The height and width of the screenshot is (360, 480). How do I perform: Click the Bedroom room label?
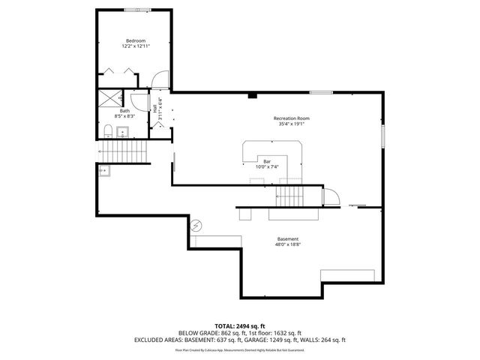135,40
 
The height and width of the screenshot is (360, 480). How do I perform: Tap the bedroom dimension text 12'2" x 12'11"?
135,46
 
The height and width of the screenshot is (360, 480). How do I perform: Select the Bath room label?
124,111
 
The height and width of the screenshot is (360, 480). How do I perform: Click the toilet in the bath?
109,132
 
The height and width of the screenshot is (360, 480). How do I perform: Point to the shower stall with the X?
111,98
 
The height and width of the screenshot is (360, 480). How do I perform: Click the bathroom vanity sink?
124,133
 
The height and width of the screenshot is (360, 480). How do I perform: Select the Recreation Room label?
291,118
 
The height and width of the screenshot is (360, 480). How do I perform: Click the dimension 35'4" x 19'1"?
291,124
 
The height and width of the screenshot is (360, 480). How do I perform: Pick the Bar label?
266,161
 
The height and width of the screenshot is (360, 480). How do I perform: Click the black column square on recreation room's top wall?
253,95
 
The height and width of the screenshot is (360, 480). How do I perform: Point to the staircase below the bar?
291,196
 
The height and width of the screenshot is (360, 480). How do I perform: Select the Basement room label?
288,238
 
